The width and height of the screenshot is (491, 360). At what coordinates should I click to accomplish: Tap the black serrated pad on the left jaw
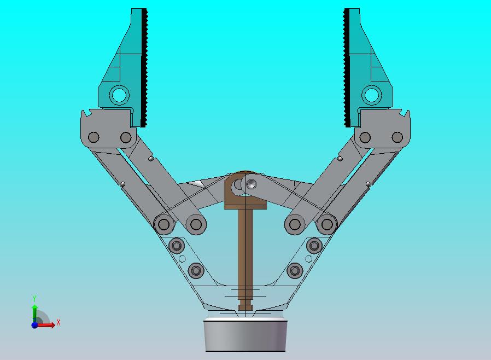tap(144, 68)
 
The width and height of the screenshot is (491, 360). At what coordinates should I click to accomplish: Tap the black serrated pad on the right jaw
tap(347, 68)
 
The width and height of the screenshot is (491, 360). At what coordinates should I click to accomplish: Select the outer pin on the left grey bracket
tap(93, 137)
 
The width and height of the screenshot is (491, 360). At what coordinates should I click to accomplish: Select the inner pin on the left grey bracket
tap(126, 137)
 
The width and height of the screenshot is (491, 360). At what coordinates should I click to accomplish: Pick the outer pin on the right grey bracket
tap(398, 137)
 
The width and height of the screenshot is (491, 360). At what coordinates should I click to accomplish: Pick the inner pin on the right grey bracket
tap(365, 137)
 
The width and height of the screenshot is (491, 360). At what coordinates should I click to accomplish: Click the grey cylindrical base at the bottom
tap(245, 335)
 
